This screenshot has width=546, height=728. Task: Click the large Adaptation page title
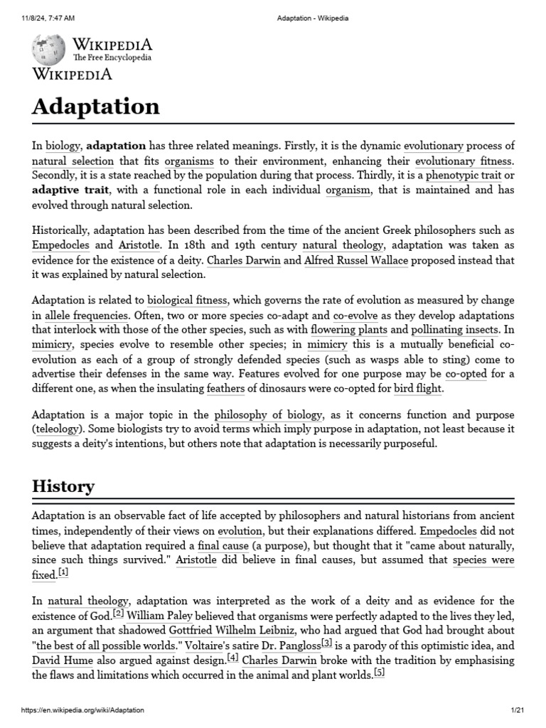click(96, 107)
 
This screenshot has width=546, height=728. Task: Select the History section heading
click(63, 487)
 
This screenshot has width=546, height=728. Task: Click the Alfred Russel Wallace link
click(355, 261)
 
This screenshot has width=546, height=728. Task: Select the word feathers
click(225, 389)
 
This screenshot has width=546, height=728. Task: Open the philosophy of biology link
click(268, 415)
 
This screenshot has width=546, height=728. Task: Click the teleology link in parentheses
click(60, 429)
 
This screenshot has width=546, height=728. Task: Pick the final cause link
click(223, 546)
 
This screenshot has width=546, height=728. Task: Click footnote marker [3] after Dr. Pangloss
click(326, 643)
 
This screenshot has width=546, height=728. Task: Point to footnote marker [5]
click(379, 673)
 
